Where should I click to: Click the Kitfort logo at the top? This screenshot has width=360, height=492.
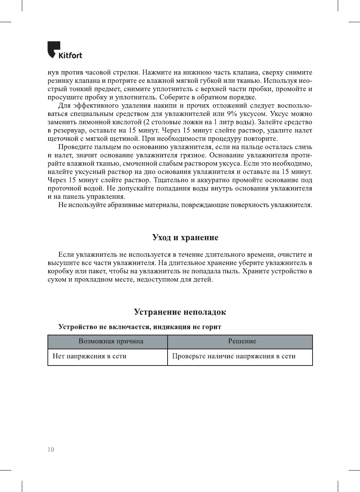pos(64,50)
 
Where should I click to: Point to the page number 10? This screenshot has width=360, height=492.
pos(51,449)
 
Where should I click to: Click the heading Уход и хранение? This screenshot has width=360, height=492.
pos(185,238)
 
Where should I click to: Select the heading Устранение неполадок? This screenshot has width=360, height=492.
pos(180,312)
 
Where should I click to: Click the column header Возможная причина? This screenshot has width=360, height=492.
pos(111,341)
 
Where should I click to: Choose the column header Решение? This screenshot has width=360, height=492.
pos(242,341)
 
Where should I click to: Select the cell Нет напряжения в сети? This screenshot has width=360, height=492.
pos(90,356)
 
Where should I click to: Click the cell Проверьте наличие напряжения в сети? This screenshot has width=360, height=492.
pos(233,356)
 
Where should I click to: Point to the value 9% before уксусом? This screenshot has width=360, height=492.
pos(232,114)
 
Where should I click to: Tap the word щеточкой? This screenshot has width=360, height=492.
pos(63,139)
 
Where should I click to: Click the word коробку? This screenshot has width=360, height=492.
pos(60,271)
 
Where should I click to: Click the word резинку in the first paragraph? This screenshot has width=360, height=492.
pos(60,81)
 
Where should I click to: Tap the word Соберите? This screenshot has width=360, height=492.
pos(174,97)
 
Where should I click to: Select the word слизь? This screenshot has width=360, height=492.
pos(304,147)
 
